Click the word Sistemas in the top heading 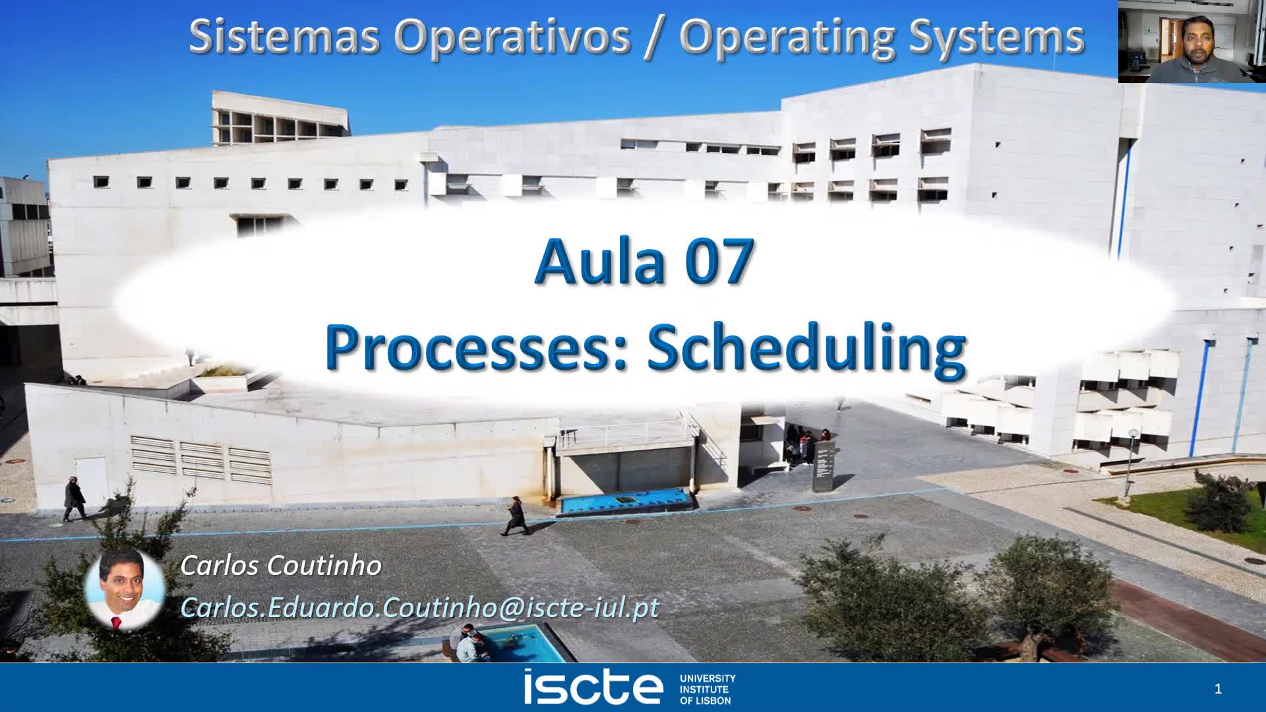[284, 36]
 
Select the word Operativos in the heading [512, 38]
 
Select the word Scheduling [806, 349]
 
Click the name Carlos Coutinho [281, 566]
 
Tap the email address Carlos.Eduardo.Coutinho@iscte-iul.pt [419, 607]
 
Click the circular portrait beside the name [125, 589]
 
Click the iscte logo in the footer [593, 688]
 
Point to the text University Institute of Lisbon [707, 689]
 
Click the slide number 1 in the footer [1218, 689]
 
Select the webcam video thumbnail [1191, 41]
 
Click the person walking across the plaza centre [514, 516]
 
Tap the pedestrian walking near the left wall [74, 499]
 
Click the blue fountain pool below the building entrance [623, 500]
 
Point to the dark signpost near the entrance [824, 466]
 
